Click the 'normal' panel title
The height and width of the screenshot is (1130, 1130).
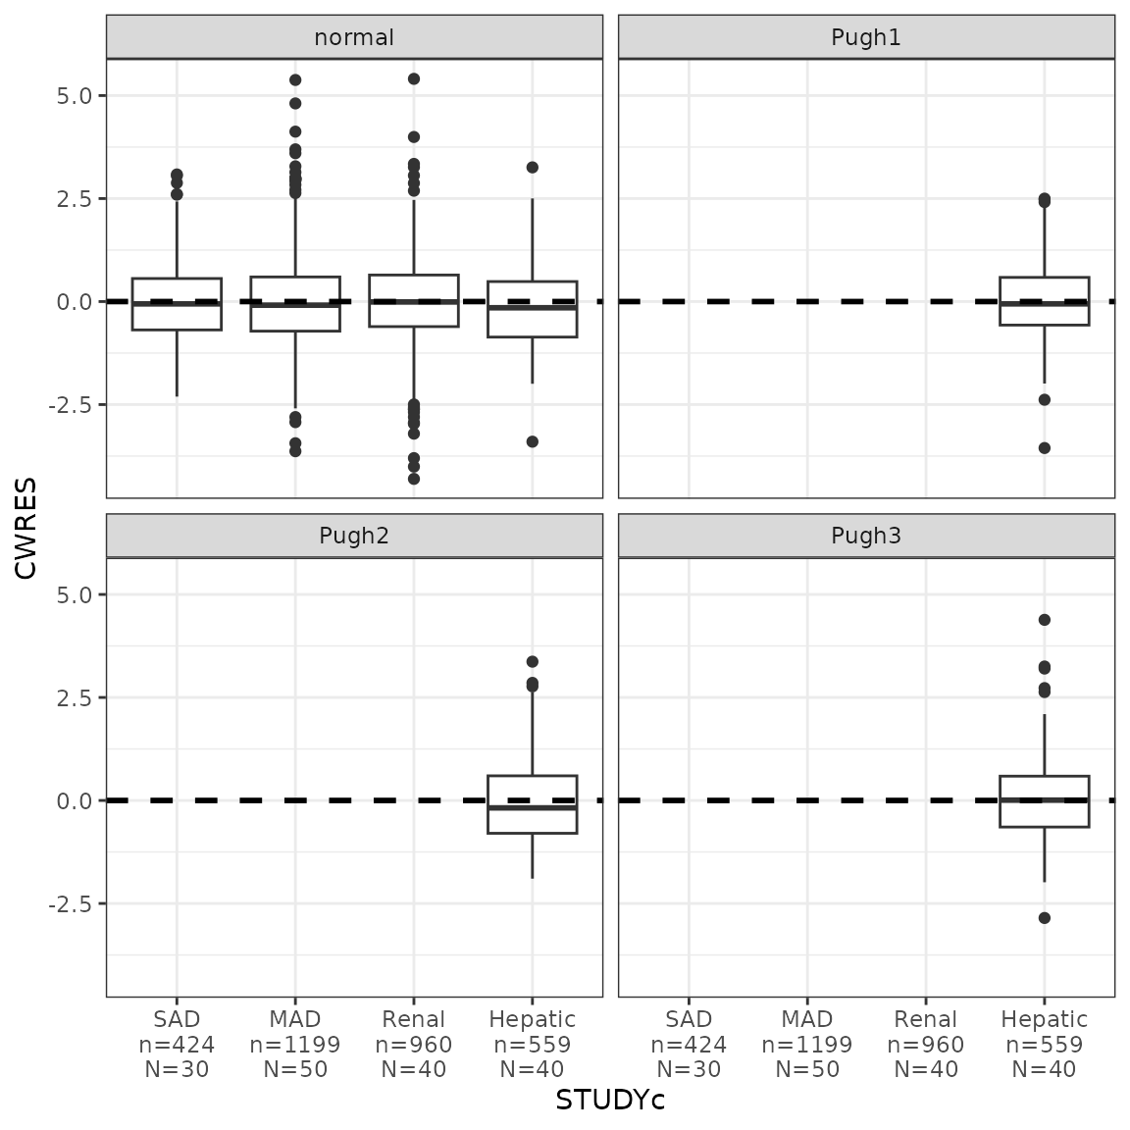pos(354,37)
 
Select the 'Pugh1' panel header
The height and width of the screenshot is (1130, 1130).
pos(866,37)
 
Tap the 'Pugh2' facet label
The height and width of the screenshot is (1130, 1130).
pos(354,536)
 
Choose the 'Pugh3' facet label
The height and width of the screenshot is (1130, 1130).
pos(866,536)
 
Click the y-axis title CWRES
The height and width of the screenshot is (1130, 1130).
pos(26,527)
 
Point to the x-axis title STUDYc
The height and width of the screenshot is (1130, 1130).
pos(610,1101)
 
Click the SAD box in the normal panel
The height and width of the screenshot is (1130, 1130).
pos(177,304)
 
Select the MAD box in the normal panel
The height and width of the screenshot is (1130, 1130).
pos(295,304)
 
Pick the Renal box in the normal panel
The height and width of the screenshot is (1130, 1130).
pos(413,300)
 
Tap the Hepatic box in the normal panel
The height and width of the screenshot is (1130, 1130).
pos(532,309)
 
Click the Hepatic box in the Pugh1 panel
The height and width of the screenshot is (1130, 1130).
pos(1044,301)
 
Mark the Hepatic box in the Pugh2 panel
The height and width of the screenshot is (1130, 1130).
pos(532,804)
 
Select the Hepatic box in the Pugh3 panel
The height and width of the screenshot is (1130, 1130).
pos(1044,801)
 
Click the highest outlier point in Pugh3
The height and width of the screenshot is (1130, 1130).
pos(1044,620)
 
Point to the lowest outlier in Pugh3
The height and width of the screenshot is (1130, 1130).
pos(1044,918)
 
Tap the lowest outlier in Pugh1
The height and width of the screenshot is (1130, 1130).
pos(1044,448)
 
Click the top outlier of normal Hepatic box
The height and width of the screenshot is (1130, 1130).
pos(532,168)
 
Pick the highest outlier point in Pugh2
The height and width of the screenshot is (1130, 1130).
pos(532,662)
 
